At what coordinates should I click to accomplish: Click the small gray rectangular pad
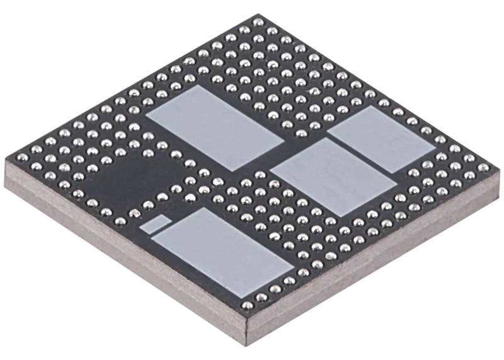155,223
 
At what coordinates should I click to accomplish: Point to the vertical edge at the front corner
247,325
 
